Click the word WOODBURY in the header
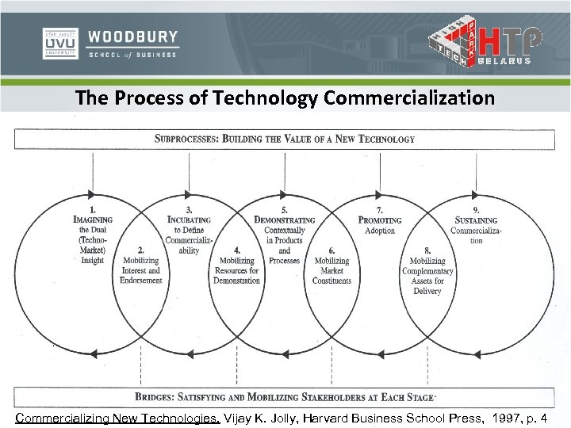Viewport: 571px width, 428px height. [133, 37]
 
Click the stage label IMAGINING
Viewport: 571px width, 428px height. [93, 220]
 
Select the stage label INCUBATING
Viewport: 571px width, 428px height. [189, 220]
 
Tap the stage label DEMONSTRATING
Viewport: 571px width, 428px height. [284, 220]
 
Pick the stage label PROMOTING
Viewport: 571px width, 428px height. [380, 220]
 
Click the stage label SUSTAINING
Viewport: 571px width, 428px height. [476, 220]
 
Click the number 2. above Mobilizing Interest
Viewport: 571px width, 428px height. [140, 250]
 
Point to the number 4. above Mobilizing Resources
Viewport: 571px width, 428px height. [236, 250]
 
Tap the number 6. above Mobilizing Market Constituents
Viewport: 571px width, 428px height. [331, 250]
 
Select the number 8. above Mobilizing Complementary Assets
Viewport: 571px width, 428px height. [427, 250]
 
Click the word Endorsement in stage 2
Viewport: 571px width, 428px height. [140, 281]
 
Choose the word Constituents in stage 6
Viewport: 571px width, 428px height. [331, 281]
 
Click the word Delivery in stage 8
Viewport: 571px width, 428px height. [427, 291]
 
